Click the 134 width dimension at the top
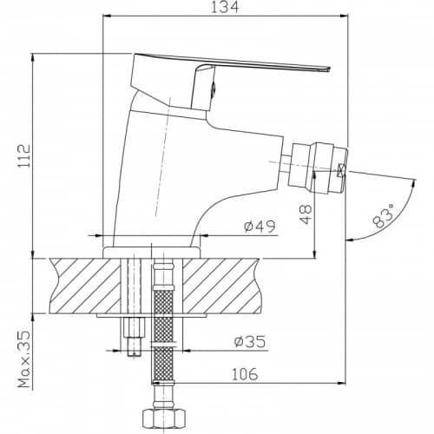pos(225,7)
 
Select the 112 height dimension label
pos(23,155)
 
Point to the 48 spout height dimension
pos(306,214)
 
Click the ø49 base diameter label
pos(260,227)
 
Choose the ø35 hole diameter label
pos(250,342)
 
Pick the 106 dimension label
pos(245,374)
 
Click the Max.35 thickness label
pos(24,359)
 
